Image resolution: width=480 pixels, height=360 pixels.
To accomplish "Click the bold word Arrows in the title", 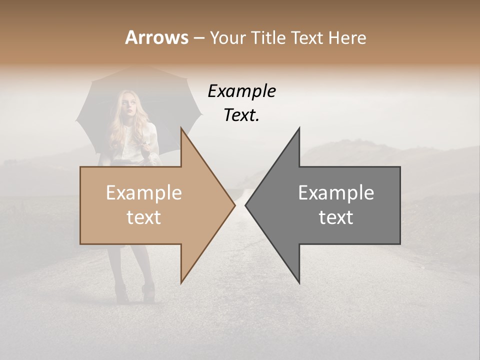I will click(x=156, y=37).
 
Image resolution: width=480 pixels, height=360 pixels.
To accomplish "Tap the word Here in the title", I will click(x=347, y=37).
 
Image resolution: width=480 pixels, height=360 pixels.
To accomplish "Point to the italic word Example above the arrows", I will click(x=242, y=91).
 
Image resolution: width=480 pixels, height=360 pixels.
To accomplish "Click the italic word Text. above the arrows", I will click(x=242, y=115).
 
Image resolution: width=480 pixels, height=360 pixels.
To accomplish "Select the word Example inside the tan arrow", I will click(x=144, y=193).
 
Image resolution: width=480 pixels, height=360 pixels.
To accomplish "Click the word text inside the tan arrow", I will click(x=144, y=217).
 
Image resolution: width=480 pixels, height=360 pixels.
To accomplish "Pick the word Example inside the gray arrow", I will click(x=336, y=193).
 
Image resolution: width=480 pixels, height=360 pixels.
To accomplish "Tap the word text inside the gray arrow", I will click(x=336, y=217).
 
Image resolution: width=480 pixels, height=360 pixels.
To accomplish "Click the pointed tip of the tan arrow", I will click(x=235, y=205).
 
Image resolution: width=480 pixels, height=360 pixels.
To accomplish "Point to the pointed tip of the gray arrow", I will click(x=245, y=205).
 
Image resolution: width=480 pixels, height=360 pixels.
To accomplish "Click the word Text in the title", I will click(x=309, y=37).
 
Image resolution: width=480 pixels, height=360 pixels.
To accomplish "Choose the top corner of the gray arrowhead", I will click(x=299, y=128).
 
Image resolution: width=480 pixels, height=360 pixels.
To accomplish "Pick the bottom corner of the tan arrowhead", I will click(x=181, y=282).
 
